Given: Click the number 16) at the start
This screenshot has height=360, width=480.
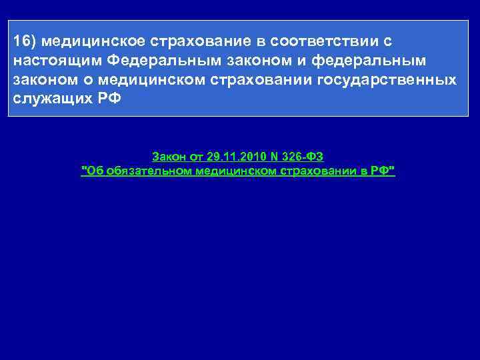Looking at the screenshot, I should pos(24,41).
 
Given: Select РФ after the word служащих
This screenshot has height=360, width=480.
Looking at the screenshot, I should pos(109,99).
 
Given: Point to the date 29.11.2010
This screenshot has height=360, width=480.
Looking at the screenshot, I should pos(233,157).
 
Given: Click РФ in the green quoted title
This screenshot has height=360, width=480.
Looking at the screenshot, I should pos(383,172).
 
